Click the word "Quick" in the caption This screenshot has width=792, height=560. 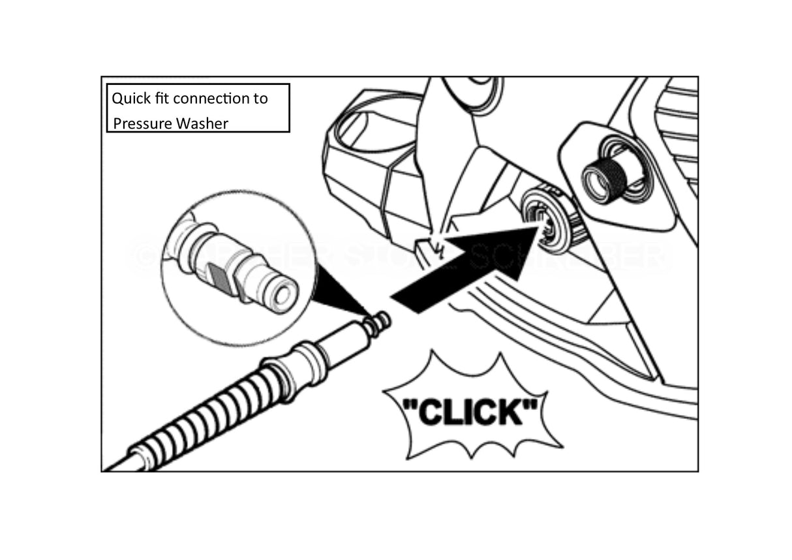[130, 99]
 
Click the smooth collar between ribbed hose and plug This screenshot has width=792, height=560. [313, 363]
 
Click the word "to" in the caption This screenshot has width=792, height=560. [260, 99]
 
